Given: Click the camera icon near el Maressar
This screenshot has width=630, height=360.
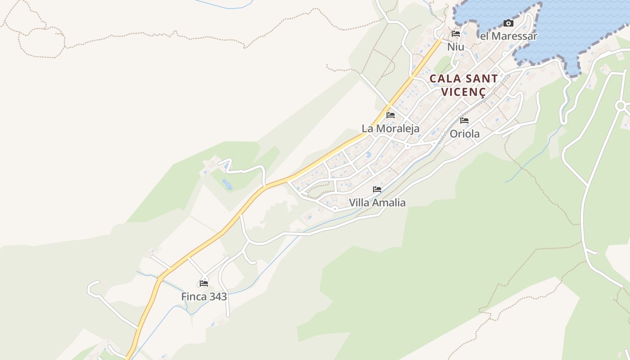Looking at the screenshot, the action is pyautogui.click(x=508, y=23).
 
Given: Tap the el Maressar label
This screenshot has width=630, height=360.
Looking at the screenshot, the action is pyautogui.click(x=508, y=36).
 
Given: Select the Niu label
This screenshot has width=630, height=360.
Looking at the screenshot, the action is pyautogui.click(x=455, y=47).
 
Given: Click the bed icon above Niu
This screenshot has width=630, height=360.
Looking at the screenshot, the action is pyautogui.click(x=455, y=34).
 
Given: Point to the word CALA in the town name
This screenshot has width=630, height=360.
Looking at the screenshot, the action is pyautogui.click(x=445, y=79).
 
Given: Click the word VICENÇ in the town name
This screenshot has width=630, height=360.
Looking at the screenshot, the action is pyautogui.click(x=463, y=92).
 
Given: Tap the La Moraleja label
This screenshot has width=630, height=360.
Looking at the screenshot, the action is pyautogui.click(x=391, y=128).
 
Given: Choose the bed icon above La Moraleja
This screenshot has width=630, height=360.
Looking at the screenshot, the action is pyautogui.click(x=390, y=115).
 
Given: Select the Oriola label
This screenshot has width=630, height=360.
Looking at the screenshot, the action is pyautogui.click(x=464, y=134).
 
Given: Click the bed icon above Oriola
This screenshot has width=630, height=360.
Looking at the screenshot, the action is pyautogui.click(x=464, y=121).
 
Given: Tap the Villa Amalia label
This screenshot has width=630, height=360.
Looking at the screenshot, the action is pyautogui.click(x=377, y=202).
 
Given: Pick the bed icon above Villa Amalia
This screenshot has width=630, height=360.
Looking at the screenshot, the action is pyautogui.click(x=377, y=189).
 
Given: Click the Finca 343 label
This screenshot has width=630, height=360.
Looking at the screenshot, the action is pyautogui.click(x=204, y=297).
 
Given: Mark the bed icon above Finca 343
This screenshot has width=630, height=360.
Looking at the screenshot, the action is pyautogui.click(x=204, y=283).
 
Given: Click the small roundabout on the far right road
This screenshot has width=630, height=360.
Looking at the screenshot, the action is pyautogui.click(x=621, y=106).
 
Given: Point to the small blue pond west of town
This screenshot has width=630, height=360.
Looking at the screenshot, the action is pyautogui.click(x=227, y=184).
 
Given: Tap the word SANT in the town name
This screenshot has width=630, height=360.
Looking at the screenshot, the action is pyautogui.click(x=481, y=79).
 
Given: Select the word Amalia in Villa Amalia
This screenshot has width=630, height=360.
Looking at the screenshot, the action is pyautogui.click(x=390, y=202).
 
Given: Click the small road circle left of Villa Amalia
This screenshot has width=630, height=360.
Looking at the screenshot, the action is pyautogui.click(x=335, y=209).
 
